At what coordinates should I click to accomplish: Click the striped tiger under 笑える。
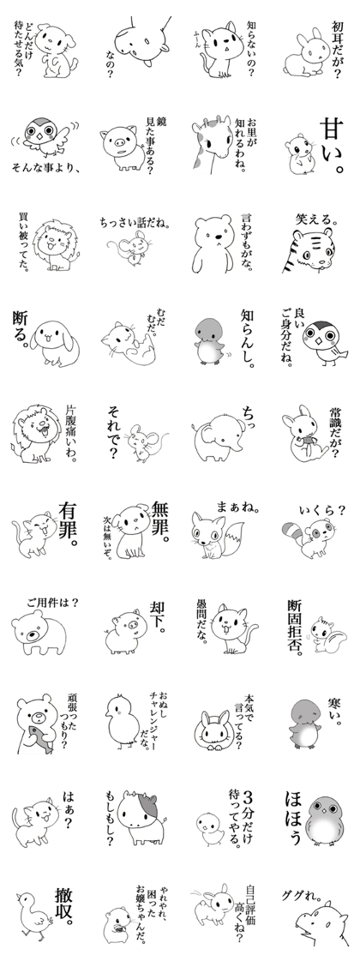pyautogui.click(x=308, y=251)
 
